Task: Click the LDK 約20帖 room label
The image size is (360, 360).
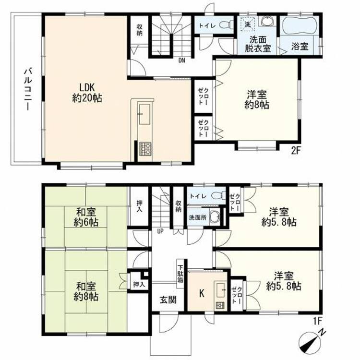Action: click(87, 93)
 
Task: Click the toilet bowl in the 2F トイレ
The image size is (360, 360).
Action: click(226, 25)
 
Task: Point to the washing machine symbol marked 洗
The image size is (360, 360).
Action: click(248, 24)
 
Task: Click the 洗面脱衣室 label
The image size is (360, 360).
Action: click(258, 44)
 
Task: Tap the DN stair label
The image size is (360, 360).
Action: click(182, 60)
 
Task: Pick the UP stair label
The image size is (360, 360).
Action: click(160, 231)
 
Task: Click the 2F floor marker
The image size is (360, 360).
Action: click(296, 151)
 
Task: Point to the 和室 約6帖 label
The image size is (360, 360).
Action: click(86, 217)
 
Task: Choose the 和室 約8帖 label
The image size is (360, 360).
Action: click(86, 292)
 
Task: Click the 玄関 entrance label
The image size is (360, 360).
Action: click(168, 300)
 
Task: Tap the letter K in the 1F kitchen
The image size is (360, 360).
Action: click(202, 293)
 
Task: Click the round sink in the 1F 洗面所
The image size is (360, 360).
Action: click(215, 217)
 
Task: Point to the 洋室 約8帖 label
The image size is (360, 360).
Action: click(257, 100)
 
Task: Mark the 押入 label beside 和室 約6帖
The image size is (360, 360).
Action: click(139, 206)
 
